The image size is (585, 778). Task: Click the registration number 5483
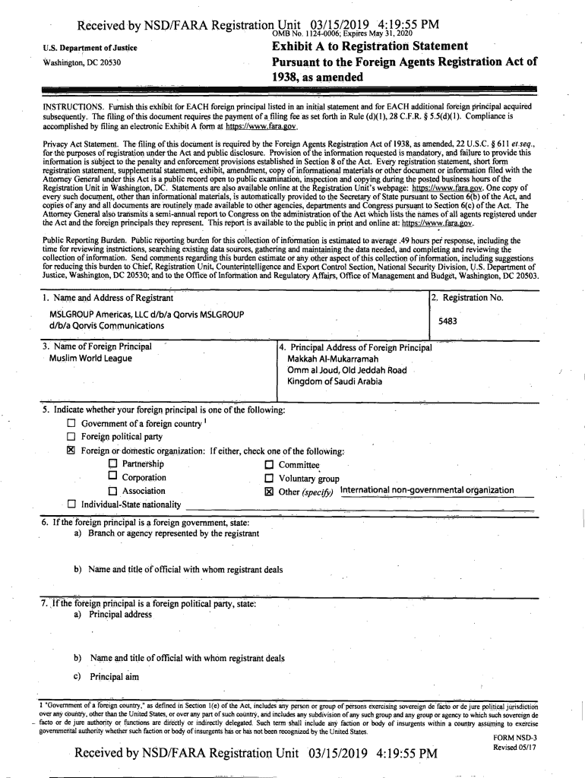447,321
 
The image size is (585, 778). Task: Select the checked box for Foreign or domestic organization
71,451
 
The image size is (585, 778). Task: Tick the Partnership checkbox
113,464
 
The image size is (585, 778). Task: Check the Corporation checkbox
113,477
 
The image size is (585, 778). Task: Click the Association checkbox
113,491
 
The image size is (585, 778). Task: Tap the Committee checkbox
268,465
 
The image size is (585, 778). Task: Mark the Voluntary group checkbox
268,478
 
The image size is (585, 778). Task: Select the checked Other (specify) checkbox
268,491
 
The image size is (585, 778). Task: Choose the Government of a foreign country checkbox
71,423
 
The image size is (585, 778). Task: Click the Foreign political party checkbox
71,437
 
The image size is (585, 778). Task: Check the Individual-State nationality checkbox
71,504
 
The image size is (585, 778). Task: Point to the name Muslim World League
90,358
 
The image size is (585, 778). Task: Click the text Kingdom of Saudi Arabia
334,381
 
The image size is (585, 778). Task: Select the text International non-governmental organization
427,490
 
